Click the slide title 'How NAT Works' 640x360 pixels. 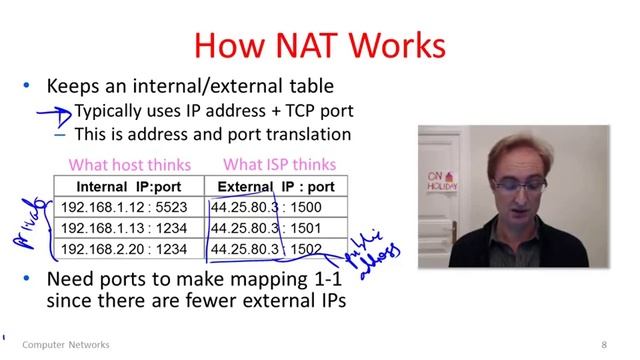pos(319,44)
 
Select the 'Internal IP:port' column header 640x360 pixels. pos(128,186)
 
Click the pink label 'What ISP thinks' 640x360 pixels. pos(279,164)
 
